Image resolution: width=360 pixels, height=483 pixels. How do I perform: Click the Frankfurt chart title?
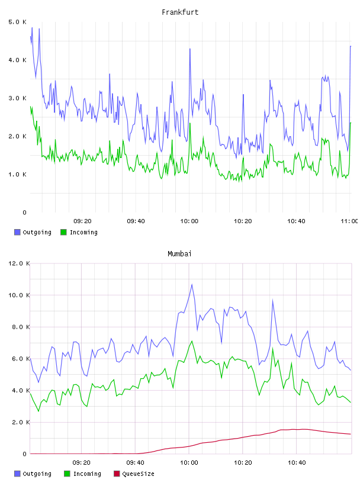(x=180, y=12)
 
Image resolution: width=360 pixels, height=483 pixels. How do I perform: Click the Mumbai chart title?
(x=179, y=254)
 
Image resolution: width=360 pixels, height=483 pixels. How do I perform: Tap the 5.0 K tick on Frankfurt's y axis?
(x=17, y=22)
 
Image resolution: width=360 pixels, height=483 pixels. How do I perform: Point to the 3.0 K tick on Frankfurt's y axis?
(x=17, y=98)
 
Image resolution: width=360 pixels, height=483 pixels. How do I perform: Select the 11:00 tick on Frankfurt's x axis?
(x=349, y=221)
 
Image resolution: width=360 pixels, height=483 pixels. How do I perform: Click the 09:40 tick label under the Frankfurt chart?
(x=136, y=221)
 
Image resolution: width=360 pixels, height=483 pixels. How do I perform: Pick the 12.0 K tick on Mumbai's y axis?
(x=19, y=263)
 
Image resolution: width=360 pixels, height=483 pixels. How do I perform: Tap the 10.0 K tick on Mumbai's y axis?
(x=19, y=295)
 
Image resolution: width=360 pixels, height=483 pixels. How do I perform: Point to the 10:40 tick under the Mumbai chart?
(x=297, y=462)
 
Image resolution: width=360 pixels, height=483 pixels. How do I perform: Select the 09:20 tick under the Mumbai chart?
(x=82, y=462)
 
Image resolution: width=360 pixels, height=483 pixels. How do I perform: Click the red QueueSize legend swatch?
(x=117, y=474)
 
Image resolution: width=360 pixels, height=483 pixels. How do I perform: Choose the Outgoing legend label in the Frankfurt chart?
(x=37, y=232)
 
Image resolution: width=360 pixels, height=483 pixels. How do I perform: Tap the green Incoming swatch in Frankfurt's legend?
(x=63, y=232)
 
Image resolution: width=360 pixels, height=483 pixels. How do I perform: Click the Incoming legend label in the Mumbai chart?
(x=87, y=474)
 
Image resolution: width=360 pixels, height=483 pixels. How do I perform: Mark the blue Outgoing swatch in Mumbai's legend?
(x=17, y=474)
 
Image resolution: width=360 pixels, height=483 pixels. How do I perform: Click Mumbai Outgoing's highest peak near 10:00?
(x=192, y=284)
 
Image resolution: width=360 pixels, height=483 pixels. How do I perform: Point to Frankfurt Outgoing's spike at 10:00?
(x=190, y=49)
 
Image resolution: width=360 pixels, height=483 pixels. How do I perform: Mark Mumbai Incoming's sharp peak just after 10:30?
(x=272, y=348)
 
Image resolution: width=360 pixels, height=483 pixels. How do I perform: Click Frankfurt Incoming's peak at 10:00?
(x=190, y=124)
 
